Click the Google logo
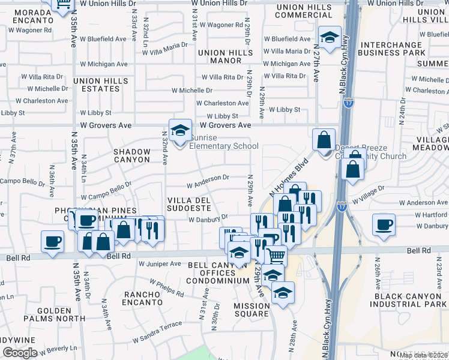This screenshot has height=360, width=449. (x=20, y=353)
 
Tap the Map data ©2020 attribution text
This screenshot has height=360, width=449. (x=424, y=355)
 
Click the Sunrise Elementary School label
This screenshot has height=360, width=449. (x=223, y=146)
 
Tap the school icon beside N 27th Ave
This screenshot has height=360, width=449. (x=329, y=38)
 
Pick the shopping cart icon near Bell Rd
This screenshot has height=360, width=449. (x=276, y=255)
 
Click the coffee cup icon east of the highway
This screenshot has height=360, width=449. (x=384, y=225)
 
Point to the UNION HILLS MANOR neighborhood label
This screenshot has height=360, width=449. (x=220, y=56)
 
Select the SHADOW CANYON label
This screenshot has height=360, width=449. (x=132, y=155)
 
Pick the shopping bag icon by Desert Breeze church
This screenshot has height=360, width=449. (x=324, y=140)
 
